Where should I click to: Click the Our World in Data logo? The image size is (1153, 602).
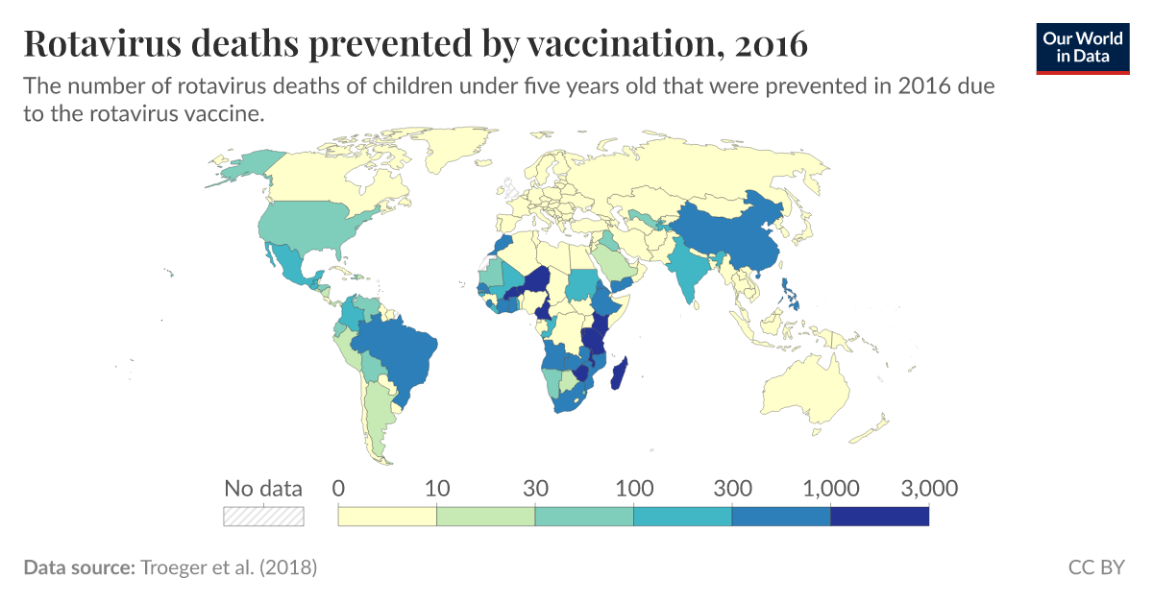pos(1083,47)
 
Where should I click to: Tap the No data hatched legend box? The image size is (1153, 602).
pos(263,517)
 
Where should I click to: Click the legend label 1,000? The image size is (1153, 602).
pos(829,489)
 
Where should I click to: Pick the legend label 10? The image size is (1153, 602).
pos(437,489)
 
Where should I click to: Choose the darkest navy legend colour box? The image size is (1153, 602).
pos(879,517)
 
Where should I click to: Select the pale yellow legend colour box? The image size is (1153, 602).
pos(387,517)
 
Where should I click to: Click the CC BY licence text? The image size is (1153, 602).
pos(1095,567)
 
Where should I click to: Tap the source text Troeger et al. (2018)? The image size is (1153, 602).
pos(228,567)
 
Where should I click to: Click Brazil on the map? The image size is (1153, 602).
pos(394,350)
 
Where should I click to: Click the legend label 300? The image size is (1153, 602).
pos(731,489)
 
